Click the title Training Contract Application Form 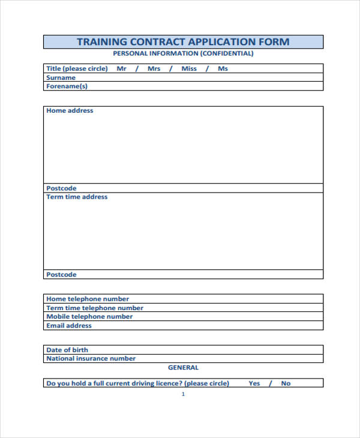[x=183, y=42]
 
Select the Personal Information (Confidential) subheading [x=183, y=53]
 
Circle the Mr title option [x=122, y=68]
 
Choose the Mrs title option [x=154, y=68]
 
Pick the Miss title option [x=189, y=68]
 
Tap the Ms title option [x=223, y=68]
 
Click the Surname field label [x=61, y=77]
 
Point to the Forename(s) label [x=67, y=86]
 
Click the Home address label [x=70, y=110]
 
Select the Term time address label [x=77, y=197]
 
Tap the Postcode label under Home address [x=61, y=188]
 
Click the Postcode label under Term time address [x=61, y=274]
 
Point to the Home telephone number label [x=88, y=299]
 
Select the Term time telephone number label [x=95, y=308]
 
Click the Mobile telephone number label [x=89, y=316]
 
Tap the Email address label [x=69, y=325]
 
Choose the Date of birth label [x=67, y=350]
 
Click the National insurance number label [x=91, y=358]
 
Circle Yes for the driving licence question [x=254, y=383]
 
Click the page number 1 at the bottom [x=183, y=394]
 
